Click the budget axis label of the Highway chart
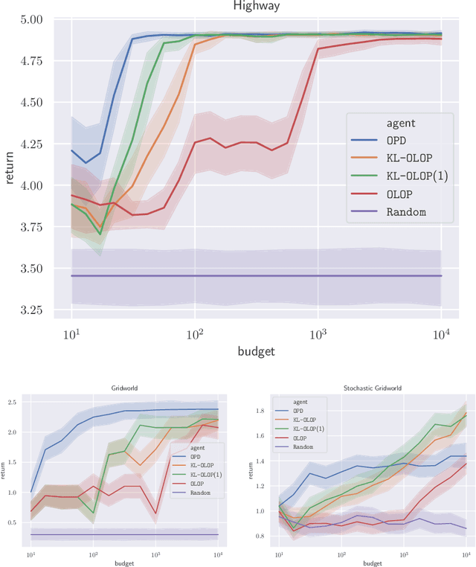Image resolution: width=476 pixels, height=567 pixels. [x=256, y=350]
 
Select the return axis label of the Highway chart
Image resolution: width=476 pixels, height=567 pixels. [x=9, y=165]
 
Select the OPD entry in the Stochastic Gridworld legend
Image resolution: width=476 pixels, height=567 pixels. [x=298, y=410]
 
